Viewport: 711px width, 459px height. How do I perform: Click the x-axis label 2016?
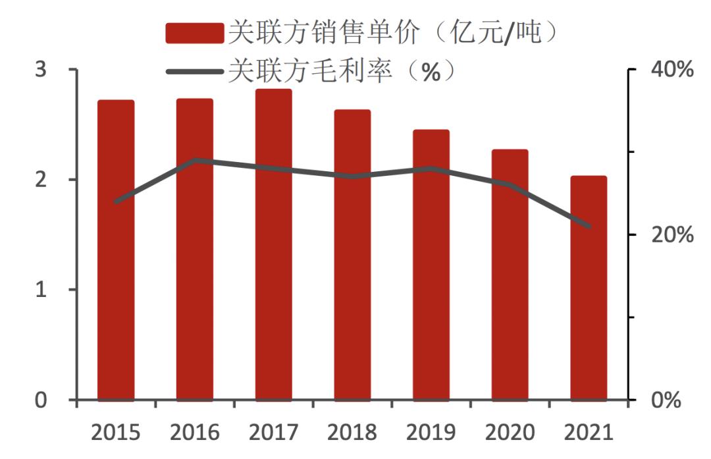pos(194,433)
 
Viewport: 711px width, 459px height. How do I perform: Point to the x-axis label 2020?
pos(510,433)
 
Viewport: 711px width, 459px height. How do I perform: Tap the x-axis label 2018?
pos(352,433)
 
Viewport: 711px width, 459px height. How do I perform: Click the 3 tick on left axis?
pos(41,69)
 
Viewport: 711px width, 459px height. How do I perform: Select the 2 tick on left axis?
pos(41,179)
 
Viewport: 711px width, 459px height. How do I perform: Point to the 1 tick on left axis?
pos(41,290)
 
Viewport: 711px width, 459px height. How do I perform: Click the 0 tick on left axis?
pos(41,400)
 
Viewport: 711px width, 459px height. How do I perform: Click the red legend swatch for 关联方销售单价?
pos(194,33)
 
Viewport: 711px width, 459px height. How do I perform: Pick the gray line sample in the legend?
pos(194,70)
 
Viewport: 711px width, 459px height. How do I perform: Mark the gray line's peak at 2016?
pos(194,160)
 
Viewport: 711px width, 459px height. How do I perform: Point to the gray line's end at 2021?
pos(589,227)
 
